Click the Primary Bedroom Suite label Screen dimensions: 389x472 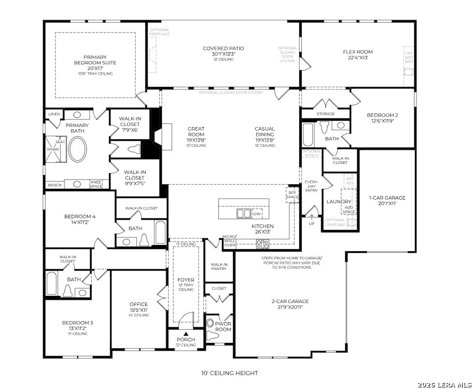(94, 60)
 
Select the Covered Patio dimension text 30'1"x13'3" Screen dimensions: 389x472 (223, 54)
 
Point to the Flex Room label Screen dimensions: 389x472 (358, 52)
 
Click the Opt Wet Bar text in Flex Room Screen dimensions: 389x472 (409, 58)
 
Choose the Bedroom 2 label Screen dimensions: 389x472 (382, 115)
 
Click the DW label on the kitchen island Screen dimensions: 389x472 (257, 214)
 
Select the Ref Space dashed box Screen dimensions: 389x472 (292, 195)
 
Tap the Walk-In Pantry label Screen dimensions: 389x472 (219, 267)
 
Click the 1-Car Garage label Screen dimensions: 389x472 (387, 198)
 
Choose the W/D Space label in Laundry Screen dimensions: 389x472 (349, 210)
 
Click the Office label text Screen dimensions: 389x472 (138, 304)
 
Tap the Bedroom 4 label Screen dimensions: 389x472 (80, 217)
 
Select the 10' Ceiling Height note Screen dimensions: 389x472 (229, 373)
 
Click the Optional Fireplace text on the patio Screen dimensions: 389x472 (159, 32)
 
